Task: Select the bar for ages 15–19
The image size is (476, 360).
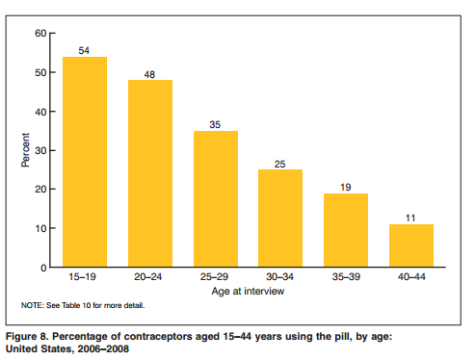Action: point(85,162)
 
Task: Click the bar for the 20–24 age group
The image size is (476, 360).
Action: point(150,173)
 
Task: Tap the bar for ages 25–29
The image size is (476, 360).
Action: point(216,199)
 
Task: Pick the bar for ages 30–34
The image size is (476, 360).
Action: point(280,219)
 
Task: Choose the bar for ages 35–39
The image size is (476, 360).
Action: point(346,230)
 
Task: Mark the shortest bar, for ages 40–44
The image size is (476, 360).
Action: point(411,245)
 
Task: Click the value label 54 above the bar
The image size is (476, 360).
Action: point(84,50)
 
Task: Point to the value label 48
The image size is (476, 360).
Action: point(149,74)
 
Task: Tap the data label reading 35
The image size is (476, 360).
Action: point(215,124)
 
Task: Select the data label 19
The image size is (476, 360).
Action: point(346,187)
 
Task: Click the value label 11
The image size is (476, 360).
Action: point(410,218)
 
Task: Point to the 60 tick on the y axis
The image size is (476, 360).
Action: point(40,33)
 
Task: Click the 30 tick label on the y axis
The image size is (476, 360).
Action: point(40,150)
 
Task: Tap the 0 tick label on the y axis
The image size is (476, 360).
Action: point(43,268)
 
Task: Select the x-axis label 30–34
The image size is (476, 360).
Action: point(279,276)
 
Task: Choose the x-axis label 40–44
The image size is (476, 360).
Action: point(411,276)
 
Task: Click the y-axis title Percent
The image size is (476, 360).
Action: point(25,150)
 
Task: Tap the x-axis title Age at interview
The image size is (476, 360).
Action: point(248,291)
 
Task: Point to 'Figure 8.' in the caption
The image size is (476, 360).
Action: point(27,336)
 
